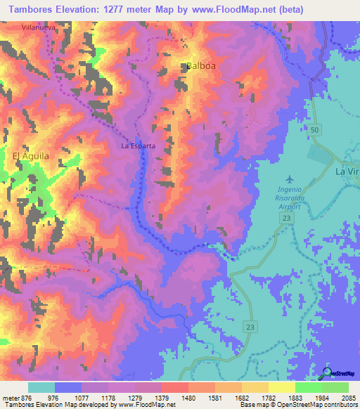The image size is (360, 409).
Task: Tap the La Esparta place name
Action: (x=138, y=147)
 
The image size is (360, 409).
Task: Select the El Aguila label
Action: (x=30, y=156)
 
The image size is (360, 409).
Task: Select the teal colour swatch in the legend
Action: (x=41, y=387)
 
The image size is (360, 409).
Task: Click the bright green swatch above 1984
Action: (x=308, y=387)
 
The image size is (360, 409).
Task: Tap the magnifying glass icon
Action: (x=326, y=372)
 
